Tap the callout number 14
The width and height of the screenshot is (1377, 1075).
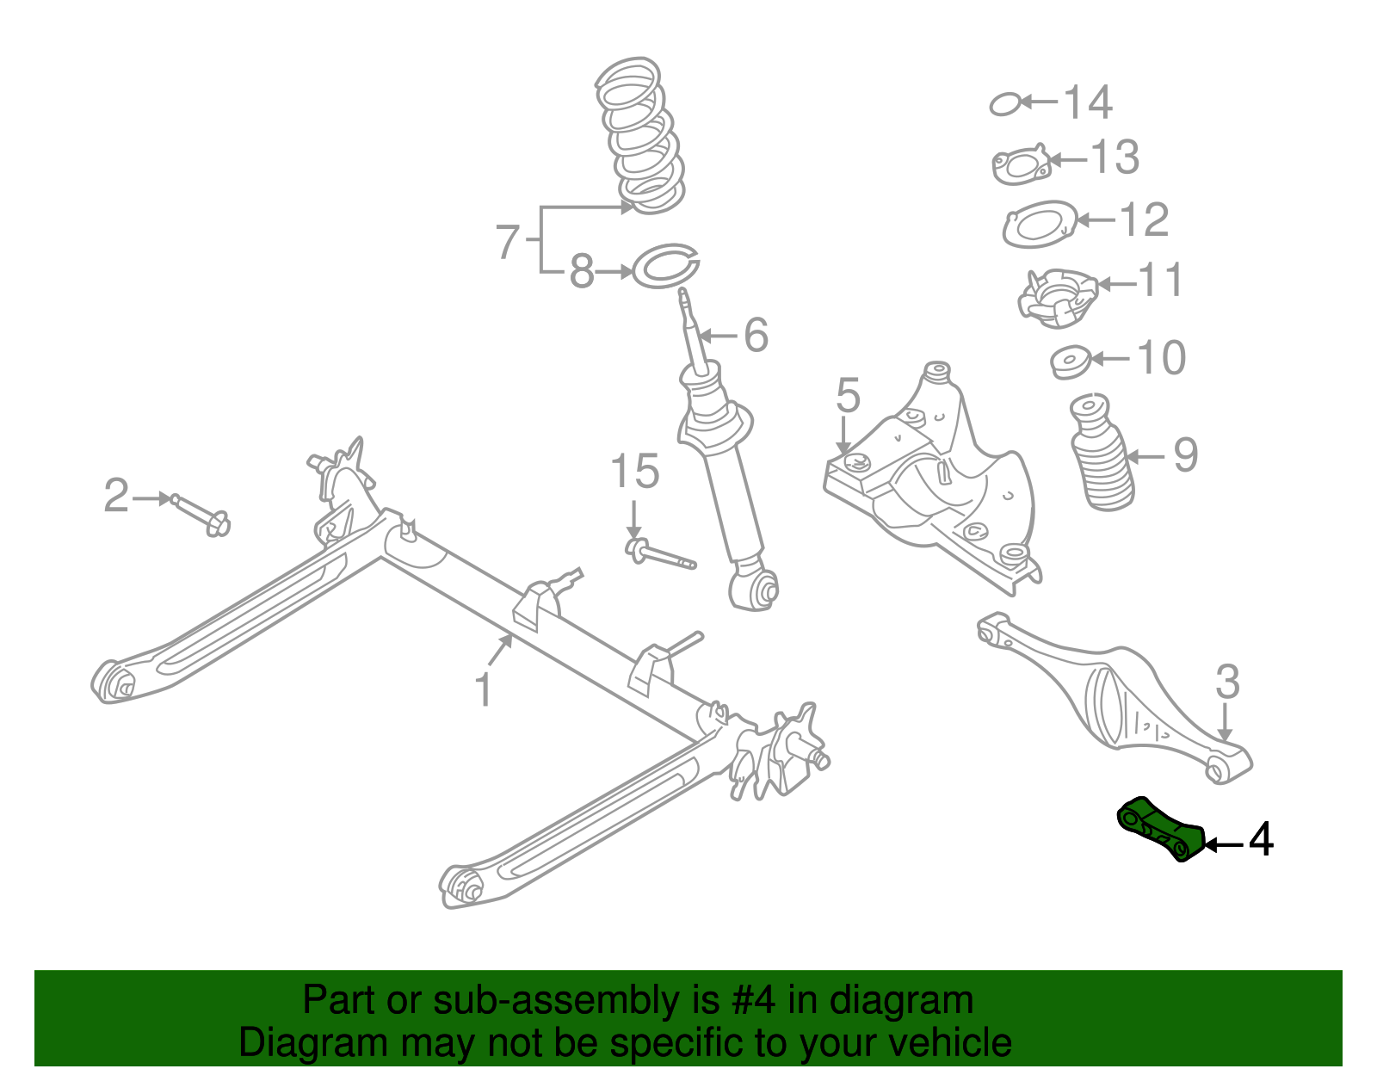coord(1088,102)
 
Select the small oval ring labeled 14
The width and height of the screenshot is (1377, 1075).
coord(1004,104)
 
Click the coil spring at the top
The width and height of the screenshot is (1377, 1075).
coord(642,135)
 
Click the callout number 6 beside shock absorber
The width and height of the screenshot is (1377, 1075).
coord(756,335)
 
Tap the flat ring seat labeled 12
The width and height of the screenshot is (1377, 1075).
coord(1040,224)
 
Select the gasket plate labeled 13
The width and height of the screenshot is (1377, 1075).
coord(1021,166)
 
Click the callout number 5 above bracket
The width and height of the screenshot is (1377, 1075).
coord(848,395)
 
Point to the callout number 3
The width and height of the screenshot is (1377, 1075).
coord(1227,682)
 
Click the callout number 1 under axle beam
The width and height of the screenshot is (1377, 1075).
coord(485,691)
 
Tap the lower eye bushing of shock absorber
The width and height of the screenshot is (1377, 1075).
coord(757,590)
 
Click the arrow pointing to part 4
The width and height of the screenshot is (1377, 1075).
coord(1222,844)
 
